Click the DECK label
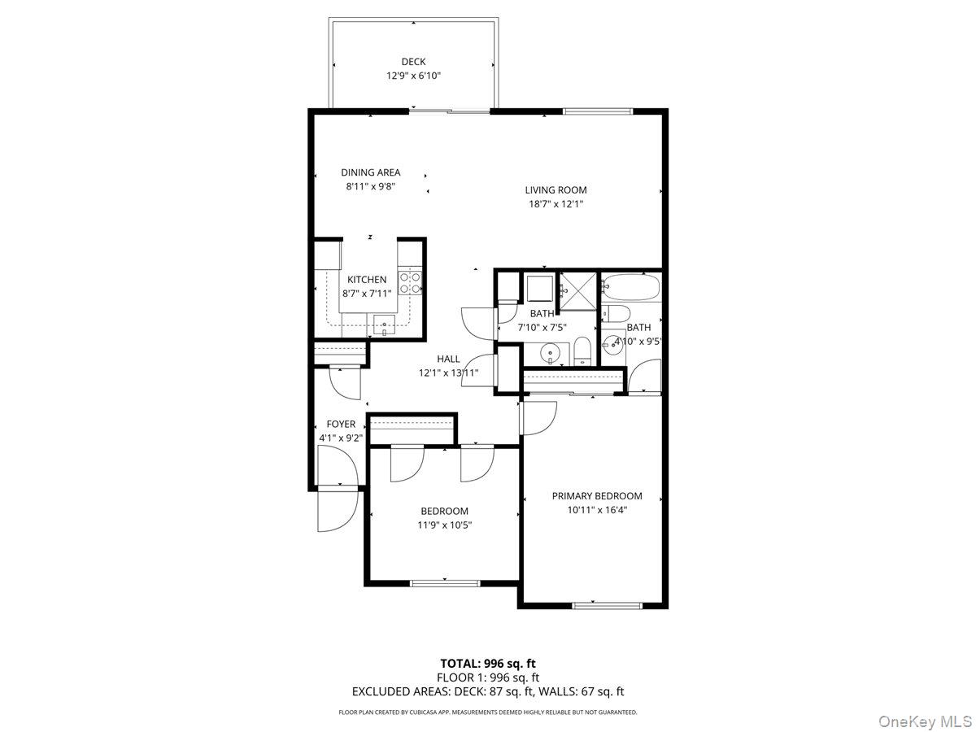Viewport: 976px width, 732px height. click(413, 62)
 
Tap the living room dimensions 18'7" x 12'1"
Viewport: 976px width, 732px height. click(556, 204)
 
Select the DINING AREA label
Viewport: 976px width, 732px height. click(370, 172)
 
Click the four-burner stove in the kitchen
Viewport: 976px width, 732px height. click(410, 281)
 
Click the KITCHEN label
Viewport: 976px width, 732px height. click(367, 280)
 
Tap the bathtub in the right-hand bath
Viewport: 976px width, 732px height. click(630, 288)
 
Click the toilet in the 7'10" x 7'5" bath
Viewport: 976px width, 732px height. click(582, 352)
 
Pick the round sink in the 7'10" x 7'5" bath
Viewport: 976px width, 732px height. click(551, 354)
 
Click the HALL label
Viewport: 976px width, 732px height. click(448, 359)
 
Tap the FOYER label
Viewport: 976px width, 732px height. click(341, 424)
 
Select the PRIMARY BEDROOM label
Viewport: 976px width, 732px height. click(597, 496)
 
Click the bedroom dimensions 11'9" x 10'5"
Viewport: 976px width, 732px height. click(445, 525)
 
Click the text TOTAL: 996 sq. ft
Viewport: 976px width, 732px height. click(488, 663)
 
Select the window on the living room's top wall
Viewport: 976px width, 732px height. click(598, 111)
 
